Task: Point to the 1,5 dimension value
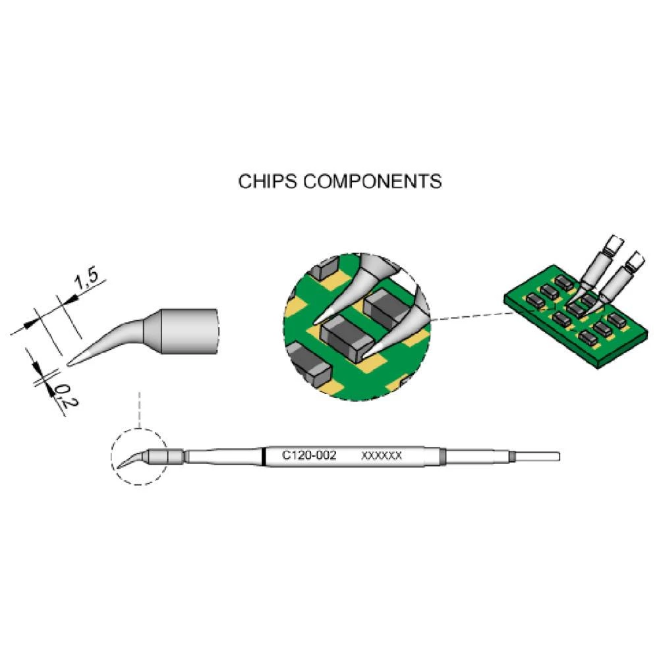85,282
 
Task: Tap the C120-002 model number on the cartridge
309,455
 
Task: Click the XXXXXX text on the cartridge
382,456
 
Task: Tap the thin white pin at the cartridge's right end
537,456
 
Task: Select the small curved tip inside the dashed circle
130,459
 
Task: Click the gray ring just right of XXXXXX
443,456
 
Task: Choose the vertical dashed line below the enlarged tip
140,409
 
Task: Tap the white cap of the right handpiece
635,263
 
